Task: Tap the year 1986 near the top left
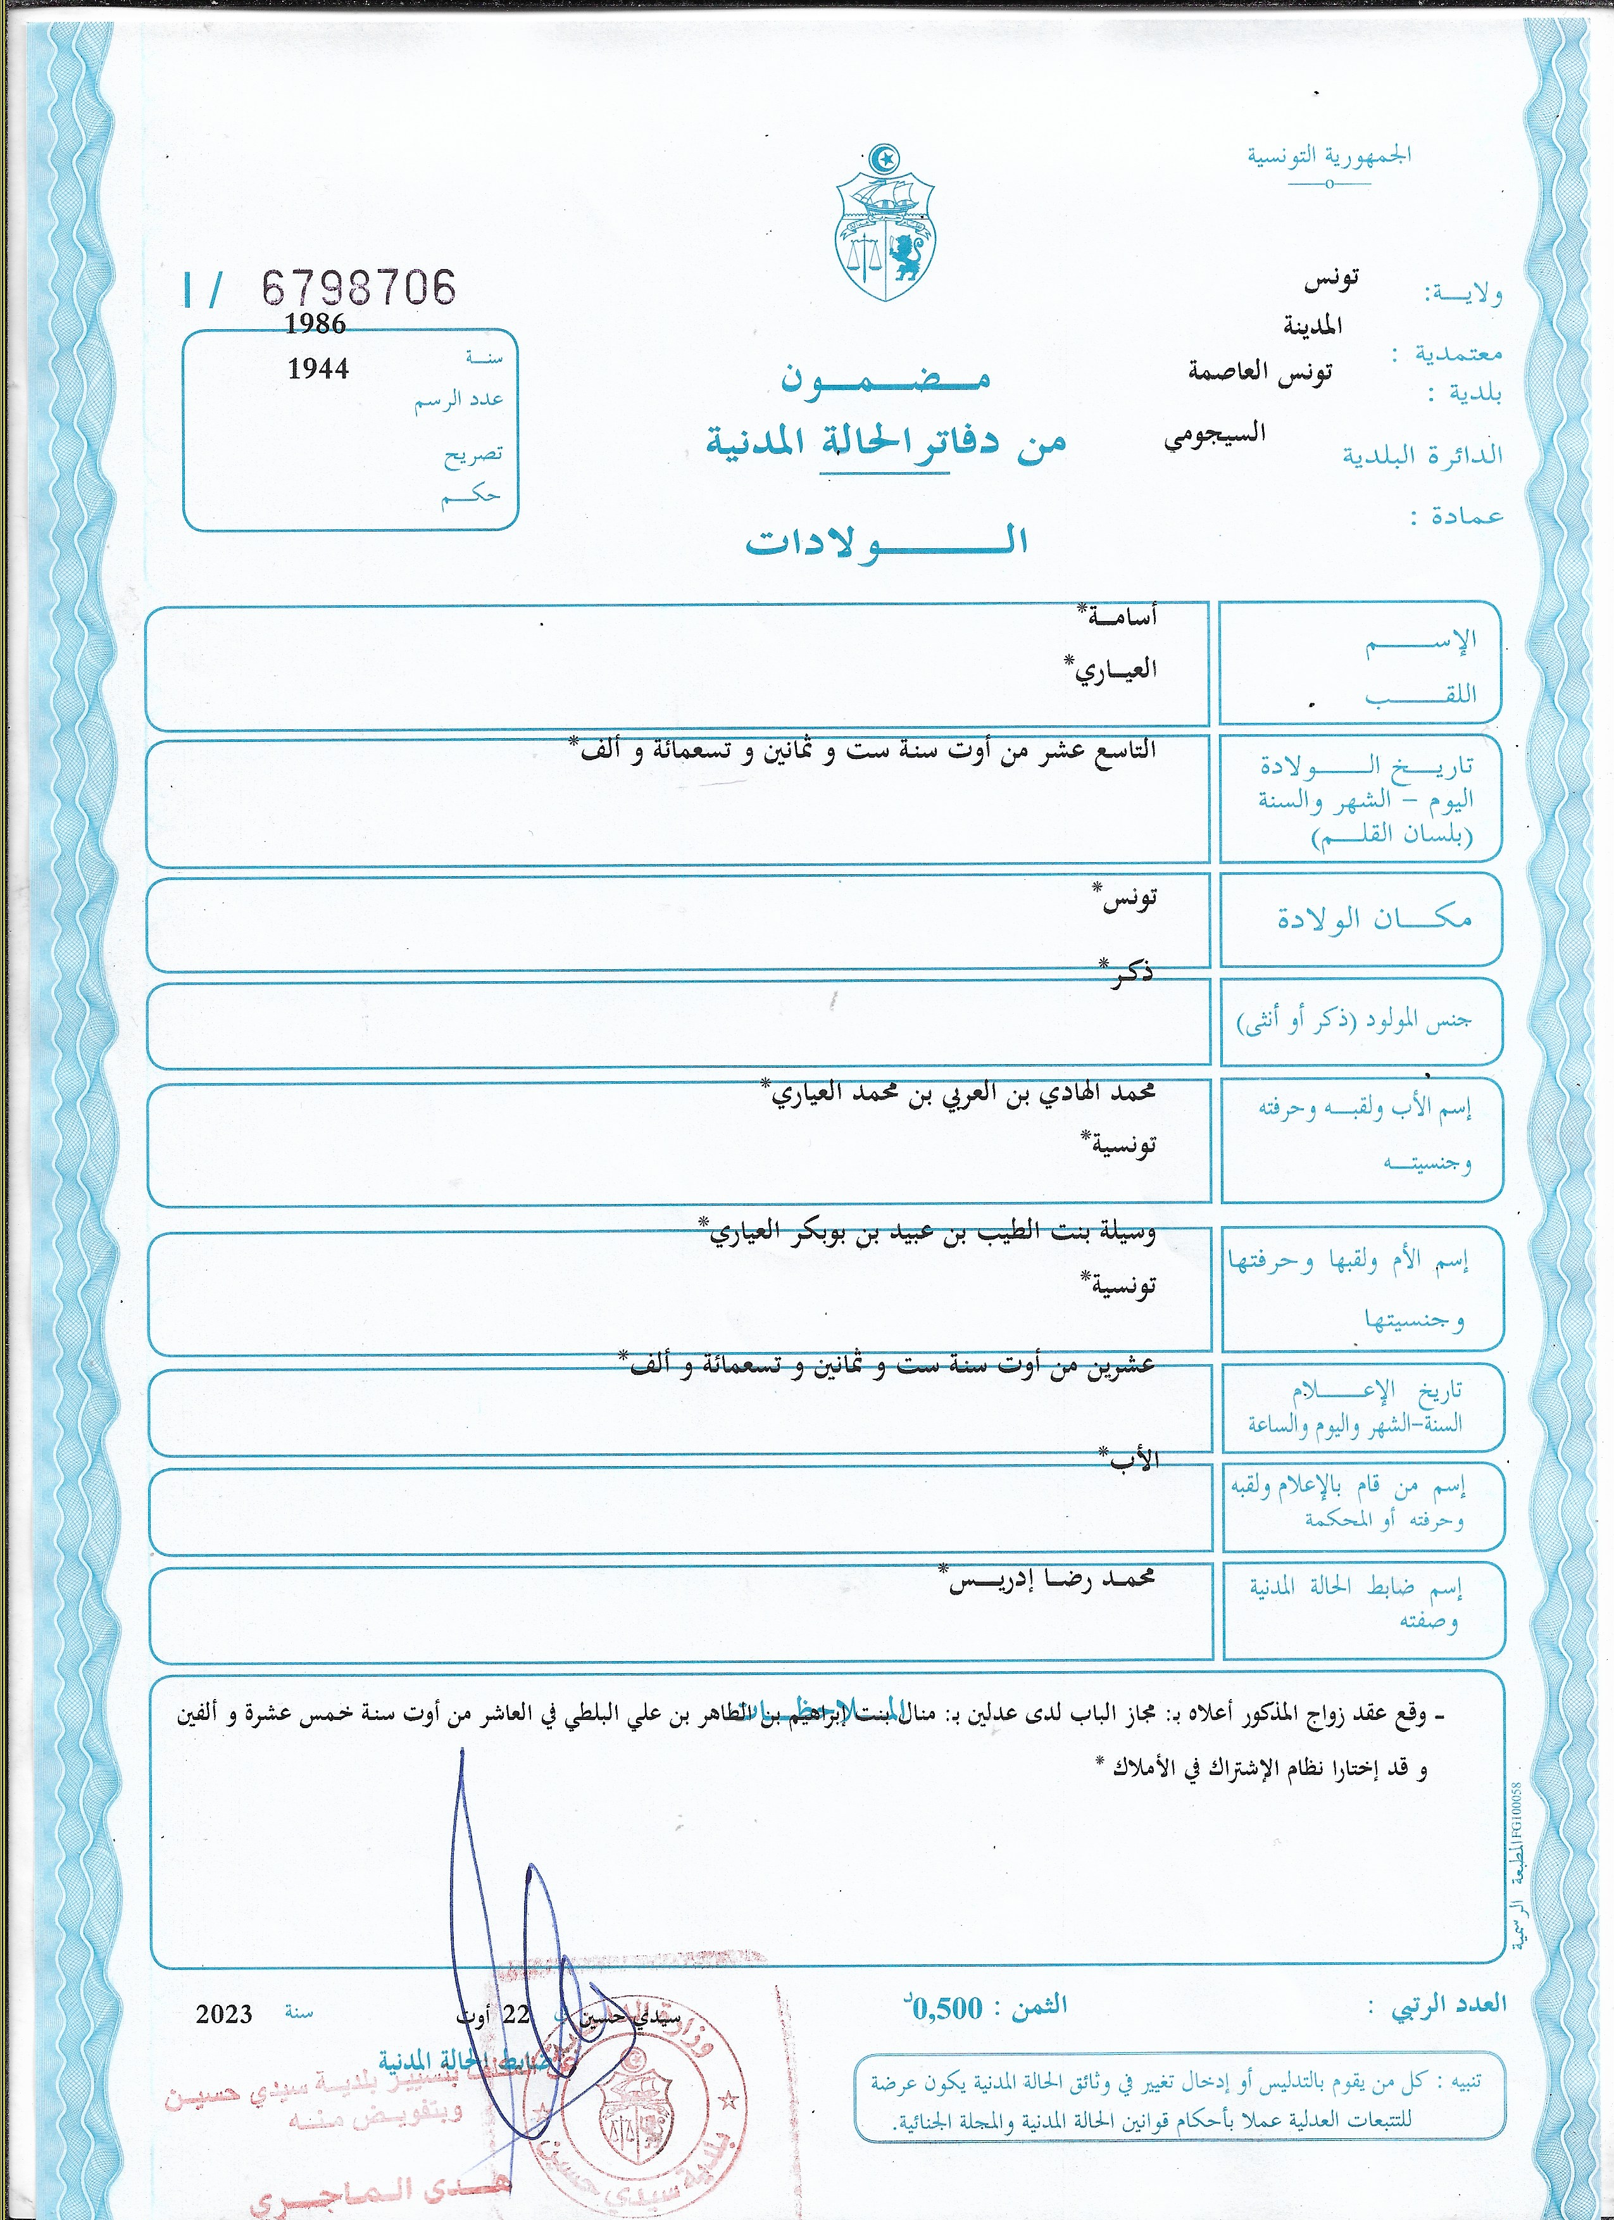tap(315, 324)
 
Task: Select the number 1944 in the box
tap(318, 369)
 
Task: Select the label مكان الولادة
tap(1374, 918)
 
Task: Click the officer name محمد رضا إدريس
tap(1051, 1579)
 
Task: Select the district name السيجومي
tap(1214, 435)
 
